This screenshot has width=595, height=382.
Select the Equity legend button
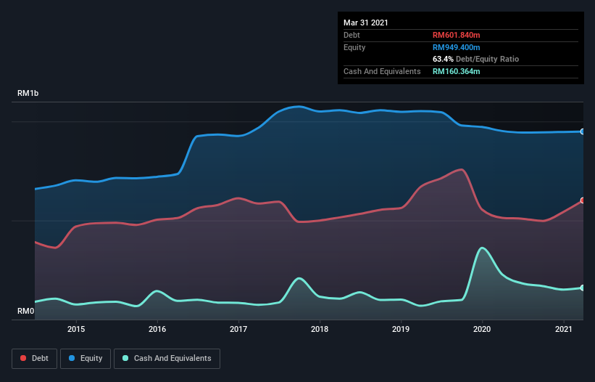point(86,358)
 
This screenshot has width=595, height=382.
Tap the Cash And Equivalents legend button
point(167,358)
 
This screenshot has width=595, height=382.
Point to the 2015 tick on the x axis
point(76,329)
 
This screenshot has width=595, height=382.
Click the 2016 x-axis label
point(157,329)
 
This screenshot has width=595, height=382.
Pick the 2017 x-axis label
point(238,329)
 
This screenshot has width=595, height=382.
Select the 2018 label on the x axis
point(320,329)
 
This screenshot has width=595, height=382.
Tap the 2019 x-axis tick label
point(401,329)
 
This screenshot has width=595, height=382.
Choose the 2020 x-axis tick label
point(482,329)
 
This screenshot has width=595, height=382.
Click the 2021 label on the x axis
point(563,329)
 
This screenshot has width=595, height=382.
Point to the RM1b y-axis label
point(29,94)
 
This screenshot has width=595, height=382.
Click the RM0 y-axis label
point(25,311)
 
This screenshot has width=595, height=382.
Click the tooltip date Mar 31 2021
point(366,23)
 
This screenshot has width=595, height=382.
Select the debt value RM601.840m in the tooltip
point(457,35)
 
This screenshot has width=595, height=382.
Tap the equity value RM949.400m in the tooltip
point(457,47)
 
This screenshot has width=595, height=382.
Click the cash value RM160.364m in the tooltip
point(457,71)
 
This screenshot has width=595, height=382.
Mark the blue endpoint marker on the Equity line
point(583,131)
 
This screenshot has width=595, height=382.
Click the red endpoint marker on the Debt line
point(583,200)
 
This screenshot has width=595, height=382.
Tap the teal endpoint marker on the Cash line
point(583,288)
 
